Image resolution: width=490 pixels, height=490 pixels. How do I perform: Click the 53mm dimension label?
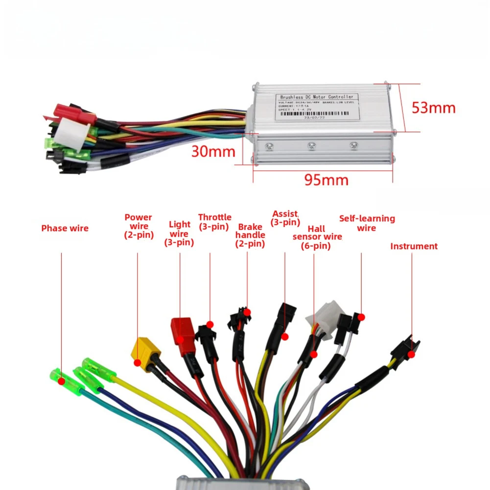click(x=433, y=108)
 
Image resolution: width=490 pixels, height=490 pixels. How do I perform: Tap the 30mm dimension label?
click(x=213, y=151)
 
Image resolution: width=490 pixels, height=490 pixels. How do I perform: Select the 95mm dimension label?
click(x=326, y=180)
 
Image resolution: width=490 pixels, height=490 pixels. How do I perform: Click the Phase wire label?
click(x=65, y=228)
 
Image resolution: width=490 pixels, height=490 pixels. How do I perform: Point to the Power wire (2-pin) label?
click(x=138, y=226)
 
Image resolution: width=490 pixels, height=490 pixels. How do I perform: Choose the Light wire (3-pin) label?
click(x=179, y=233)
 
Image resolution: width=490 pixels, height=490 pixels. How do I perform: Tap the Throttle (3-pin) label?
click(x=214, y=222)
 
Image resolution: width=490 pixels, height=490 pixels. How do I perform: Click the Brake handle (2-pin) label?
click(x=250, y=235)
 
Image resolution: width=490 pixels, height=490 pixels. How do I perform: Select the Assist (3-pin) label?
click(x=285, y=218)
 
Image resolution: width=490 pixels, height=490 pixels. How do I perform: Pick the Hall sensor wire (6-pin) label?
click(x=317, y=237)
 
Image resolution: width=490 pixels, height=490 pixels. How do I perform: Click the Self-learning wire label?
click(x=367, y=223)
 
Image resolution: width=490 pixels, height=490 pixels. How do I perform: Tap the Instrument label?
click(x=414, y=246)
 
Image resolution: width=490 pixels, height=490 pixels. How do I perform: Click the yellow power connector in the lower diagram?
click(x=143, y=349)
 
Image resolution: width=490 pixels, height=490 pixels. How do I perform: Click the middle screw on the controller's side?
click(x=311, y=145)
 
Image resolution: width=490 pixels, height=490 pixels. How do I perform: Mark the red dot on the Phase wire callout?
click(x=62, y=380)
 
